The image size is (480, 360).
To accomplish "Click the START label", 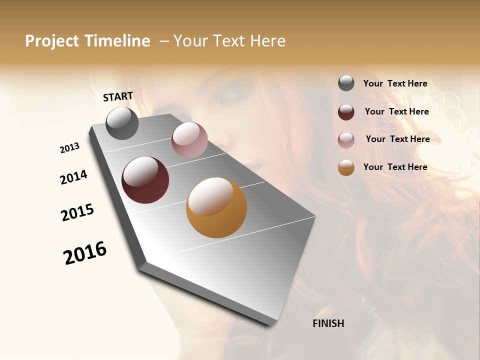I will pyautogui.click(x=118, y=96).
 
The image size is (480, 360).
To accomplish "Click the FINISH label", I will pyautogui.click(x=328, y=323).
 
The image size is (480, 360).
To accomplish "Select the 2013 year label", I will pyautogui.click(x=69, y=148).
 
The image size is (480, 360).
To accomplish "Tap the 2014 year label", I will pyautogui.click(x=73, y=177).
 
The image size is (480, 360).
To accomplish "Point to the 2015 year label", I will pyautogui.click(x=77, y=212).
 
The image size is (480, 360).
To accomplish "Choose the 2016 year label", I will pyautogui.click(x=85, y=253).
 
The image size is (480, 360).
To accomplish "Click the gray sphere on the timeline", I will pyautogui.click(x=122, y=123).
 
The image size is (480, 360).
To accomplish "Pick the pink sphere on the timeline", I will pyautogui.click(x=189, y=140).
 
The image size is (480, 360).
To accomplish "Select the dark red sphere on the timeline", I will pyautogui.click(x=145, y=180).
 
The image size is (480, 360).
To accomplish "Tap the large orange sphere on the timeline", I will pyautogui.click(x=216, y=207).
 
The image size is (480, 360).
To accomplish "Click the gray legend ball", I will pyautogui.click(x=346, y=83).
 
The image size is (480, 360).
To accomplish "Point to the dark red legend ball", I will pyautogui.click(x=346, y=112).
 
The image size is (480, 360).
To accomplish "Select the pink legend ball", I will pyautogui.click(x=346, y=140).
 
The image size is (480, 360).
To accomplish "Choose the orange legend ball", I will pyautogui.click(x=346, y=167).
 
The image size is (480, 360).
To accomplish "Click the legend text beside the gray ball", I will pyautogui.click(x=395, y=83).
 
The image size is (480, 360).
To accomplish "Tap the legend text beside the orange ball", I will pyautogui.click(x=395, y=167).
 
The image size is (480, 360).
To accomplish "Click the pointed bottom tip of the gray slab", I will pyautogui.click(x=270, y=324).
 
